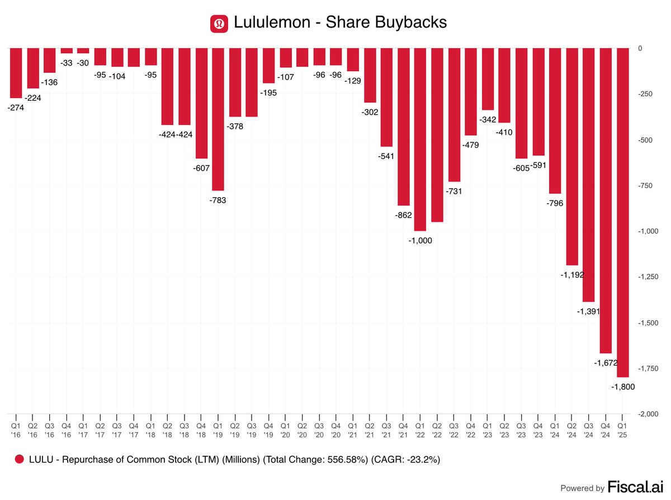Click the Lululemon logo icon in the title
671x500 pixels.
tap(218, 23)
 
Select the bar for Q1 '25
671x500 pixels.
tap(622, 213)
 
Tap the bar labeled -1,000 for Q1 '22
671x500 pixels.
tap(420, 139)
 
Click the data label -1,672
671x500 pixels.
tap(605, 363)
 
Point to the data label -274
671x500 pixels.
tap(16, 108)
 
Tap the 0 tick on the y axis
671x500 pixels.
tap(640, 49)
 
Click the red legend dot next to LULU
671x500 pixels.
tap(20, 459)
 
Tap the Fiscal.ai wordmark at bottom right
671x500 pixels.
tap(636, 488)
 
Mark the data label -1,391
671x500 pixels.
tap(588, 311)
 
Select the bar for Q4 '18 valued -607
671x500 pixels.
tap(201, 104)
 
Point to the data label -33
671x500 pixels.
tap(67, 63)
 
